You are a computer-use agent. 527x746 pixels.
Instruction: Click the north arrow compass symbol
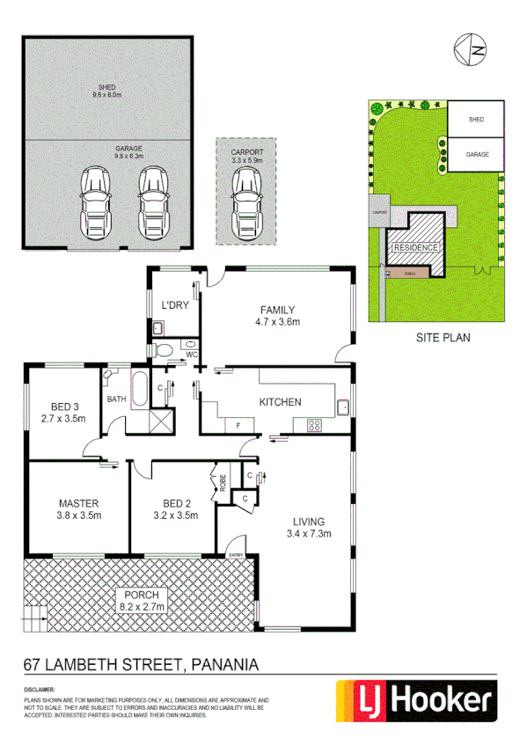click(x=471, y=49)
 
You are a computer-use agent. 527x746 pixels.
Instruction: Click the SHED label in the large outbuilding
click(x=106, y=87)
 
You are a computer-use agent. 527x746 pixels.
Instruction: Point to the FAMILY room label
click(x=276, y=310)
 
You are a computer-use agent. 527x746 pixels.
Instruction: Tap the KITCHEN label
click(x=280, y=402)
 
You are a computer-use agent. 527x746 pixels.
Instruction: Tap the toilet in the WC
click(x=164, y=349)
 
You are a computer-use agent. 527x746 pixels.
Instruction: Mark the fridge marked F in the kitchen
click(x=238, y=426)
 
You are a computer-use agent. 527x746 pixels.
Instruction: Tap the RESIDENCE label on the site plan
click(x=416, y=248)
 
